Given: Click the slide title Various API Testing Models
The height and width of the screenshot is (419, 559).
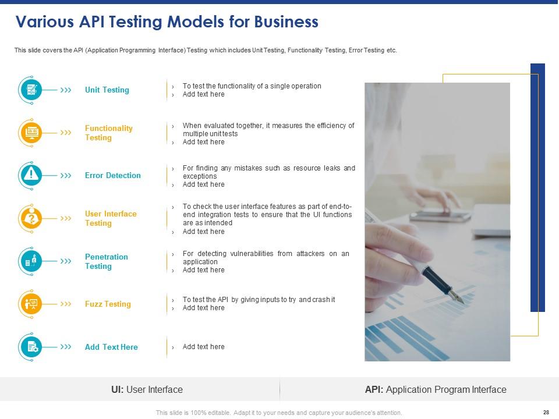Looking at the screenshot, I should tap(167, 22).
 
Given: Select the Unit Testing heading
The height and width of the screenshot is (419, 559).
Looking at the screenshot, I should tap(107, 90).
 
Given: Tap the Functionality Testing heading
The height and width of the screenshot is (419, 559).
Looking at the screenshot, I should tap(109, 133).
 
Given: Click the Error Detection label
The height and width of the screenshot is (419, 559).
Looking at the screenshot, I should tap(113, 176).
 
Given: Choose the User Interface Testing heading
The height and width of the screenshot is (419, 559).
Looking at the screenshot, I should tap(111, 219).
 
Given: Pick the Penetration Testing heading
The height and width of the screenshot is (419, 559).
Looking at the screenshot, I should tap(107, 262).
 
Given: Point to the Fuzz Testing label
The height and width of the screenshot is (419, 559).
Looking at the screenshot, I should tap(108, 304).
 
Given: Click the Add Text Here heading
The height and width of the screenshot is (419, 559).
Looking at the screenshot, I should tap(111, 347).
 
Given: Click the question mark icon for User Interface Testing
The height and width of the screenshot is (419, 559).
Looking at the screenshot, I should tap(31, 218).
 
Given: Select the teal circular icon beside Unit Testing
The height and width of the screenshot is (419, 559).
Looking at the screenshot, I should tap(31, 90).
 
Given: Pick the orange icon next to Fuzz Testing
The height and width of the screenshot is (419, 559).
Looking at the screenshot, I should tap(31, 304).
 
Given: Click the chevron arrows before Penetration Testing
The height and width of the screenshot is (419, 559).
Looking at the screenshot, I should tap(66, 261).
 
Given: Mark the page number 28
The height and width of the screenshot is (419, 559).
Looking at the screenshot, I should tap(546, 412).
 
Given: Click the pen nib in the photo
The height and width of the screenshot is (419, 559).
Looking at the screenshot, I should tap(458, 298).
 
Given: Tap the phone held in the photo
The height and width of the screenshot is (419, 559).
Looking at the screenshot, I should tap(440, 215).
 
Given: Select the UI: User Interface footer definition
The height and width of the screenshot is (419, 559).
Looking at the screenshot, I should tap(147, 390).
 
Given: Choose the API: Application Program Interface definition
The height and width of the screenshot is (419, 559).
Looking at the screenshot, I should tap(436, 390).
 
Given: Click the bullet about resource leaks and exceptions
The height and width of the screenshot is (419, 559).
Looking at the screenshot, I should tap(268, 172).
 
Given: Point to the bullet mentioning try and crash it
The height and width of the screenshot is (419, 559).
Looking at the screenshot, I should tap(259, 300).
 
